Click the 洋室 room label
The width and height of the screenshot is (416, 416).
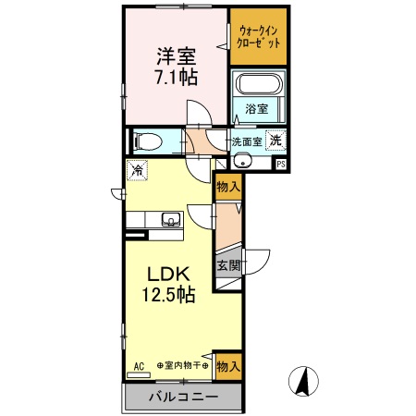[174, 55]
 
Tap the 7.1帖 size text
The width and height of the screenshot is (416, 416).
[174, 77]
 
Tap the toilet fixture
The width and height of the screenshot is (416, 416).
[148, 142]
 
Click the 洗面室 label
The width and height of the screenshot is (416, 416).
[246, 142]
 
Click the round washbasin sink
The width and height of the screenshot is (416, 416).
[243, 161]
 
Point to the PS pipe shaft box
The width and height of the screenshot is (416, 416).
[281, 164]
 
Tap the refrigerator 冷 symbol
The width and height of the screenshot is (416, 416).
[137, 169]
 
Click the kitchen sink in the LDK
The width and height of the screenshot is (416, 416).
[169, 219]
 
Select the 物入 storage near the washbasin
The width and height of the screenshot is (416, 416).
[227, 186]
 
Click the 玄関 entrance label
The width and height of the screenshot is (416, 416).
[227, 266]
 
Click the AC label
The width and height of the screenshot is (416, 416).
[139, 365]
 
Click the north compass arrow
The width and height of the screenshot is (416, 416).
[301, 380]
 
